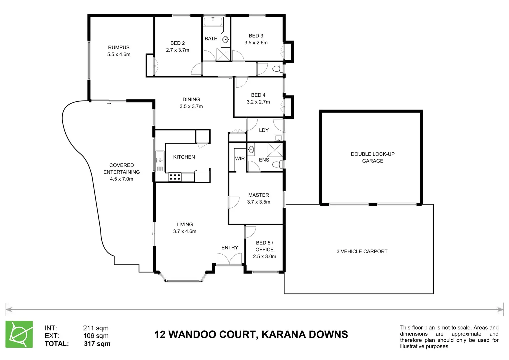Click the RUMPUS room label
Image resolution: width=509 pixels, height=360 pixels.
point(119,47)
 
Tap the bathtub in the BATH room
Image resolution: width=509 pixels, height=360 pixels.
point(213,22)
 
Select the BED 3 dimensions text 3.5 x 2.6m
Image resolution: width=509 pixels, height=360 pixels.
point(256,43)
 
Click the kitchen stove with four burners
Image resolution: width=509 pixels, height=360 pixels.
point(175,177)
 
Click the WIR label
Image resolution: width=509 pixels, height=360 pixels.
point(240,159)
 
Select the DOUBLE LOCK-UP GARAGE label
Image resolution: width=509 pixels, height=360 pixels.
point(372,157)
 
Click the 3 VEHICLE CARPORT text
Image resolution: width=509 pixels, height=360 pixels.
point(362,251)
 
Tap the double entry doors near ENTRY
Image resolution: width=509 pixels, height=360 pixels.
point(229,259)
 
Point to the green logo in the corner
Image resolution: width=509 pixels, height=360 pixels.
point(19,334)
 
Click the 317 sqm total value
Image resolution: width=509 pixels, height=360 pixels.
point(97,344)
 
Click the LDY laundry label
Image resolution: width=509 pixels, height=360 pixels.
point(264,130)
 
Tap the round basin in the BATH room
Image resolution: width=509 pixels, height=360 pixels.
point(226,39)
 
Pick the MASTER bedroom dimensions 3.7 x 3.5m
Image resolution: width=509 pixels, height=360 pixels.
point(259,202)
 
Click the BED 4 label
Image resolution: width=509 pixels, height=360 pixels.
point(258,95)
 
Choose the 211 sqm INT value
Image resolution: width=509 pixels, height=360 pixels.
point(96,328)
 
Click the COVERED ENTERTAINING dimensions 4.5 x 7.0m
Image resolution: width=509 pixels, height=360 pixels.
point(122,179)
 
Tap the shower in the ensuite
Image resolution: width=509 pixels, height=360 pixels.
point(275,150)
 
